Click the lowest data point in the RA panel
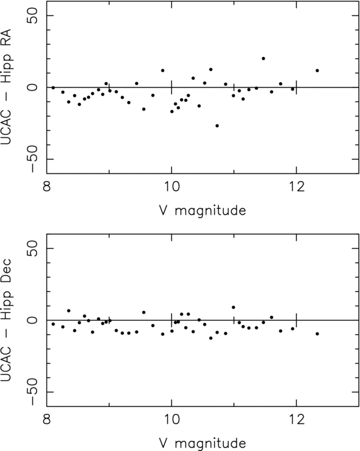[x=217, y=125]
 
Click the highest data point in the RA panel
[x=263, y=58]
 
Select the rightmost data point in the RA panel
[x=317, y=70]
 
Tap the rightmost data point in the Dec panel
[x=317, y=333]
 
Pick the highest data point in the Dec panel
[x=233, y=307]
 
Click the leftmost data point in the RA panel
[x=53, y=88]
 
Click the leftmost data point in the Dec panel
[x=53, y=324]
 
